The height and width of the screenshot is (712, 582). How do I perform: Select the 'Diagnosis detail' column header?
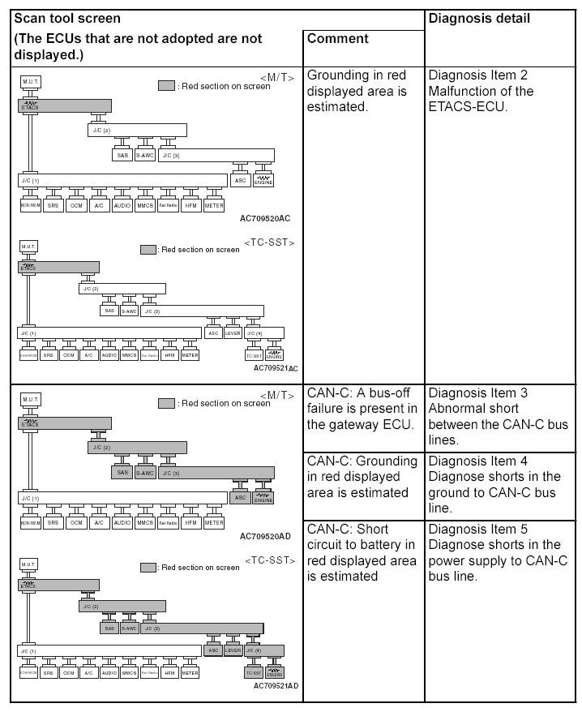pos(478,18)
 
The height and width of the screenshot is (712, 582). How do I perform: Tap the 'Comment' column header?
pos(337,39)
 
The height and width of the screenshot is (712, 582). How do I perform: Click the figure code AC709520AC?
pos(265,218)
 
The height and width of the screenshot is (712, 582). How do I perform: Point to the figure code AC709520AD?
pos(265,536)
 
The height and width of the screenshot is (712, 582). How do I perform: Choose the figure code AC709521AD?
pos(276,685)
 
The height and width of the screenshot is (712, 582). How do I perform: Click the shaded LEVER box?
pos(233,650)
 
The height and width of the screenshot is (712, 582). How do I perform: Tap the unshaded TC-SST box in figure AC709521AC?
pos(254,355)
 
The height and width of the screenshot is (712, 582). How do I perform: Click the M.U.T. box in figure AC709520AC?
pos(30,82)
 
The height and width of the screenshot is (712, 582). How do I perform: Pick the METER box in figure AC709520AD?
pos(214,523)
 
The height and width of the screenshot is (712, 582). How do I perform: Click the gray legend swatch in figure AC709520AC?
pos(166,85)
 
